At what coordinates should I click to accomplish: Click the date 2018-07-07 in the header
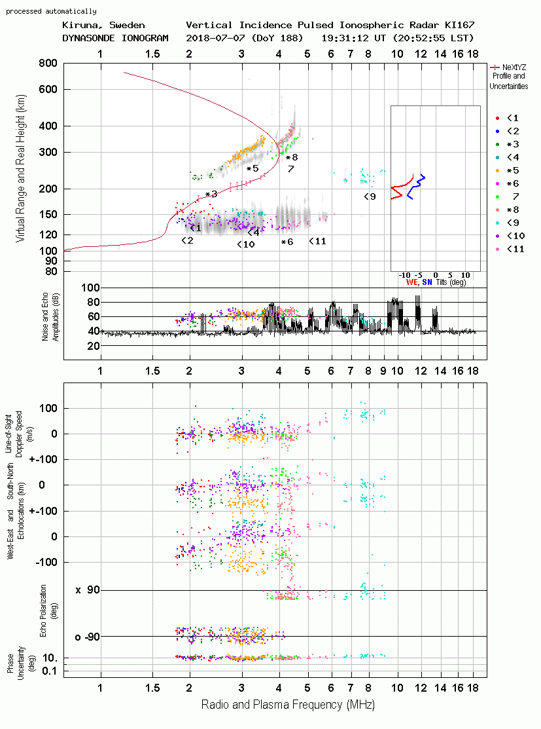[x=215, y=38]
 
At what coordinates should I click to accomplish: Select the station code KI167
[x=459, y=25]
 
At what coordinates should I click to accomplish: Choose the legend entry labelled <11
[x=510, y=249]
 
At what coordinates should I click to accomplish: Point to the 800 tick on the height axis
[x=48, y=64]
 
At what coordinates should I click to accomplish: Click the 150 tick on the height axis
[x=48, y=214]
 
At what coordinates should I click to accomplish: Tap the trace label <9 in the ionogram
[x=370, y=196]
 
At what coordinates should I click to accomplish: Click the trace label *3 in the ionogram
[x=211, y=194]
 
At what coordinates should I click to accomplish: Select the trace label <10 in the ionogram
[x=246, y=244]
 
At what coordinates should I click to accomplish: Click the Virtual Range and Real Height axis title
[x=20, y=168]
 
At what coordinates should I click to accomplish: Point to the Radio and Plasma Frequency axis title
[x=288, y=705]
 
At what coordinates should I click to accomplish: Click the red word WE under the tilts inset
[x=412, y=282]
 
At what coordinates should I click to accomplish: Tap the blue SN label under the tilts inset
[x=427, y=282]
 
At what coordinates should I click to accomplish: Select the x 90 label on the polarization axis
[x=88, y=590]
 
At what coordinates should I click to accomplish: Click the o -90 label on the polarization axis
[x=88, y=637]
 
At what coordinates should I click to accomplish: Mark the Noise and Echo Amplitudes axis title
[x=50, y=316]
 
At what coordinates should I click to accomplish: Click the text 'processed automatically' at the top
[x=51, y=11]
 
